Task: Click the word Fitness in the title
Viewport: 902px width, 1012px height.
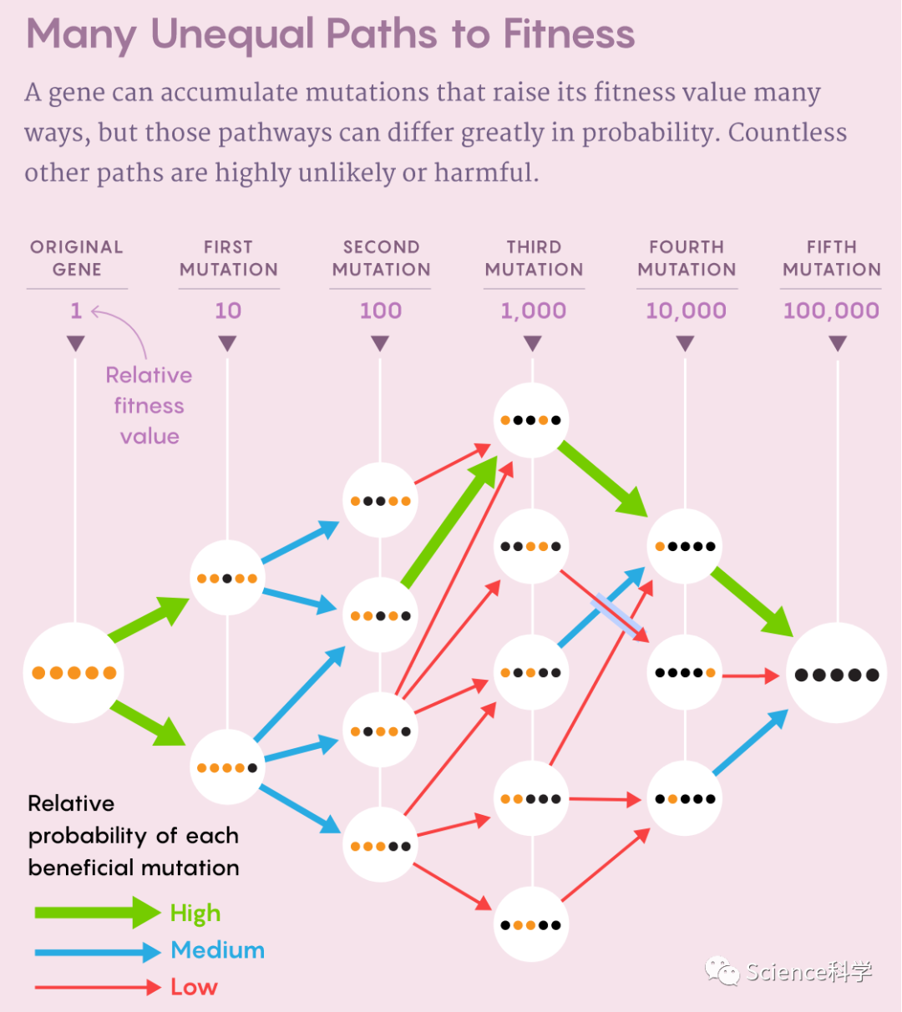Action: tap(569, 34)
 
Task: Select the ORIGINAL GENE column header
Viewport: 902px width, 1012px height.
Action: tap(77, 258)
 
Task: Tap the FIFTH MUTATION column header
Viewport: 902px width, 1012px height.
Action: tap(832, 258)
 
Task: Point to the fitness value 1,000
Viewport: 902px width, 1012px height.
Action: tap(534, 311)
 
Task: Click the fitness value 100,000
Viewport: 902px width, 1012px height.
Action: tap(831, 311)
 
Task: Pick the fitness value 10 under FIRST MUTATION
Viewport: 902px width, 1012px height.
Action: tap(228, 311)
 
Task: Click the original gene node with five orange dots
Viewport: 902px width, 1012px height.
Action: tap(73, 672)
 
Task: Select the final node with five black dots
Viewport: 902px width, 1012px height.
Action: tap(837, 674)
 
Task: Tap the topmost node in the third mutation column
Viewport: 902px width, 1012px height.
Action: tap(531, 420)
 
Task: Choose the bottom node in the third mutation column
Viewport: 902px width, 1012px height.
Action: tap(531, 924)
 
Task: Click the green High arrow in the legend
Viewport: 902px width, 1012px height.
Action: tap(97, 913)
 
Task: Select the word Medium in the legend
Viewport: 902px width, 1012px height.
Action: tap(217, 950)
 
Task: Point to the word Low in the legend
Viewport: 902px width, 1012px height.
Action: tap(194, 987)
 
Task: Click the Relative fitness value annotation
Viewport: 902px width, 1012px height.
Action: tap(149, 406)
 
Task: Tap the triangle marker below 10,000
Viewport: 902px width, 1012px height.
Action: tap(686, 343)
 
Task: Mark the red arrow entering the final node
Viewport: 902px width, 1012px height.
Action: tap(750, 675)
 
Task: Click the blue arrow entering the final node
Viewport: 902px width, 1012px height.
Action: tap(750, 743)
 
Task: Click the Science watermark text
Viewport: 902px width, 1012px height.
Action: tap(808, 971)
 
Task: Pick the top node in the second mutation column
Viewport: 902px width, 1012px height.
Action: tap(380, 501)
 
